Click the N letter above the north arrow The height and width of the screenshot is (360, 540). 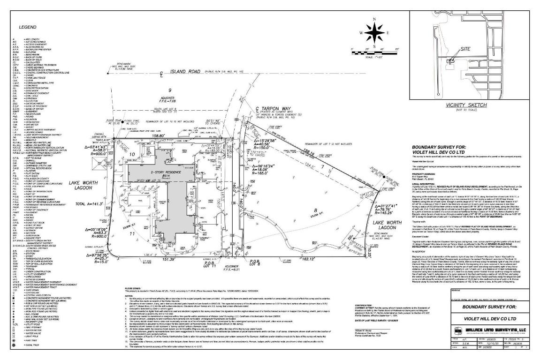pyautogui.click(x=374, y=20)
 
